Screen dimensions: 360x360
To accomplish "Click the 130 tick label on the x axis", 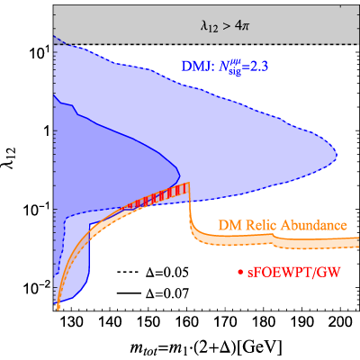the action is point(72,323).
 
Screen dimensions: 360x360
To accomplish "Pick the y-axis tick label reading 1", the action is point(46,131).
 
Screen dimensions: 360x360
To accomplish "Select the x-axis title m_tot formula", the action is point(206,348).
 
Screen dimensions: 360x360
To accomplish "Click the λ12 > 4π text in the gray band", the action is point(225,27).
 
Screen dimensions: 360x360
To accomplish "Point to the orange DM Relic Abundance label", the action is point(283,225).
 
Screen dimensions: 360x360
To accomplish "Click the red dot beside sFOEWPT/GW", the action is point(240,273).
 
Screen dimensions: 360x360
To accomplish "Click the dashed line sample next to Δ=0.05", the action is point(128,273).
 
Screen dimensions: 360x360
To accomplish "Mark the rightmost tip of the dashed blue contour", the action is point(337,156).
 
